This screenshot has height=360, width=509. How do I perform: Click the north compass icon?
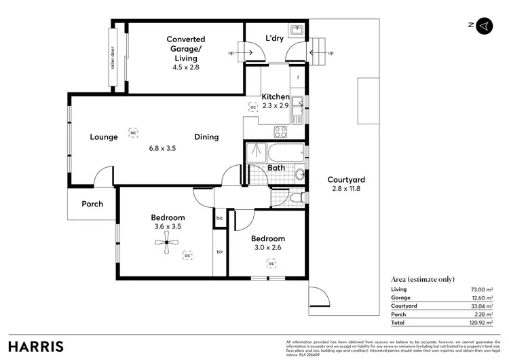pyautogui.click(x=483, y=25)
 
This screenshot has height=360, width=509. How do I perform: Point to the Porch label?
pyautogui.click(x=92, y=204)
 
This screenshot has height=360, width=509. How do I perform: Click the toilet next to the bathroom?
pyautogui.click(x=294, y=198)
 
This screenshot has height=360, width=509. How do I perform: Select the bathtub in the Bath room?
pyautogui.click(x=282, y=153)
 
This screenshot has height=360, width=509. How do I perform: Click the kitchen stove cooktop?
pyautogui.click(x=280, y=131)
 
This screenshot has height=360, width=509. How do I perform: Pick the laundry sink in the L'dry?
pyautogui.click(x=296, y=31)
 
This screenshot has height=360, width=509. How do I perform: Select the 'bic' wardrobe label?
pyautogui.click(x=219, y=218)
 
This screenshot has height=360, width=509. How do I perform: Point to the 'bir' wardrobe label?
pyautogui.click(x=219, y=252)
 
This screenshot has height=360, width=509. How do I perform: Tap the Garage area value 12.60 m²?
pyautogui.click(x=481, y=298)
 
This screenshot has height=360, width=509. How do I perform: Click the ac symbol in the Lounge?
pyautogui.click(x=134, y=132)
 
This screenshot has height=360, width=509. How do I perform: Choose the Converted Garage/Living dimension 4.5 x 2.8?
pyautogui.click(x=186, y=67)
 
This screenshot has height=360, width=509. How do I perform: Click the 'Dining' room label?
pyautogui.click(x=207, y=137)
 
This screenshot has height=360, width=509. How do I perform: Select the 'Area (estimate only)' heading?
pyautogui.click(x=422, y=278)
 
